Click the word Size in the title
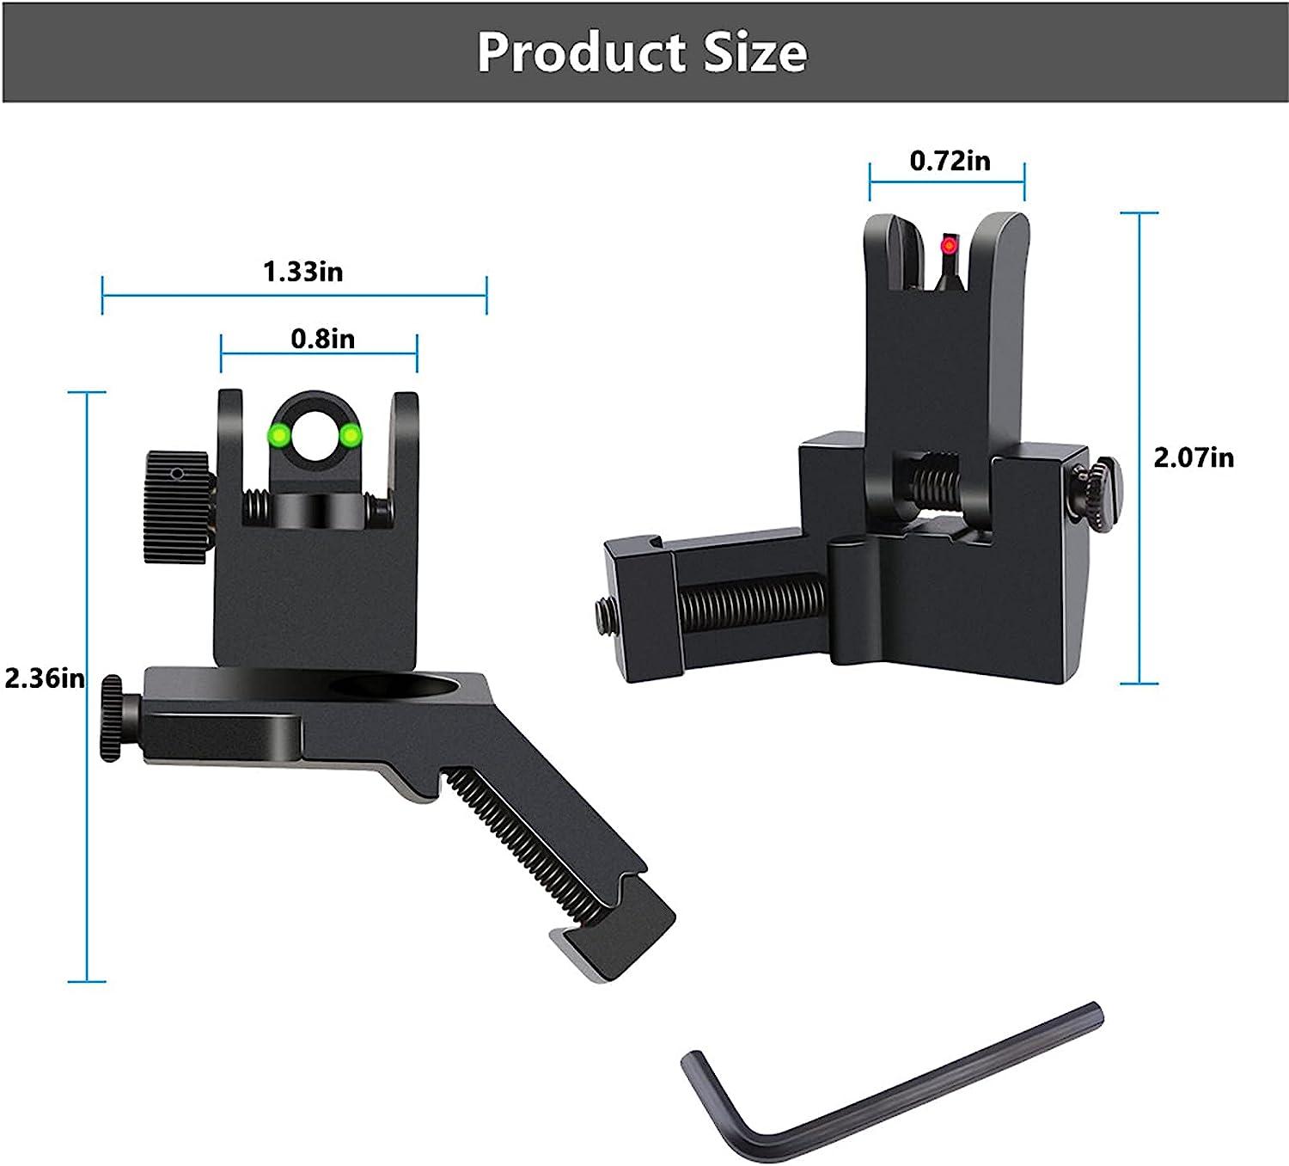click(754, 52)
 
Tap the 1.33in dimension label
click(302, 272)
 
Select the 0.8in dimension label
click(322, 339)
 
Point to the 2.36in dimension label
click(45, 678)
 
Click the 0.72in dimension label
click(950, 161)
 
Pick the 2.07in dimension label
click(1193, 457)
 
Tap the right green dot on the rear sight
click(350, 436)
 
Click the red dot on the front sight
click(949, 247)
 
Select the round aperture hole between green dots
click(315, 435)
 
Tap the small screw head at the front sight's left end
click(602, 611)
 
